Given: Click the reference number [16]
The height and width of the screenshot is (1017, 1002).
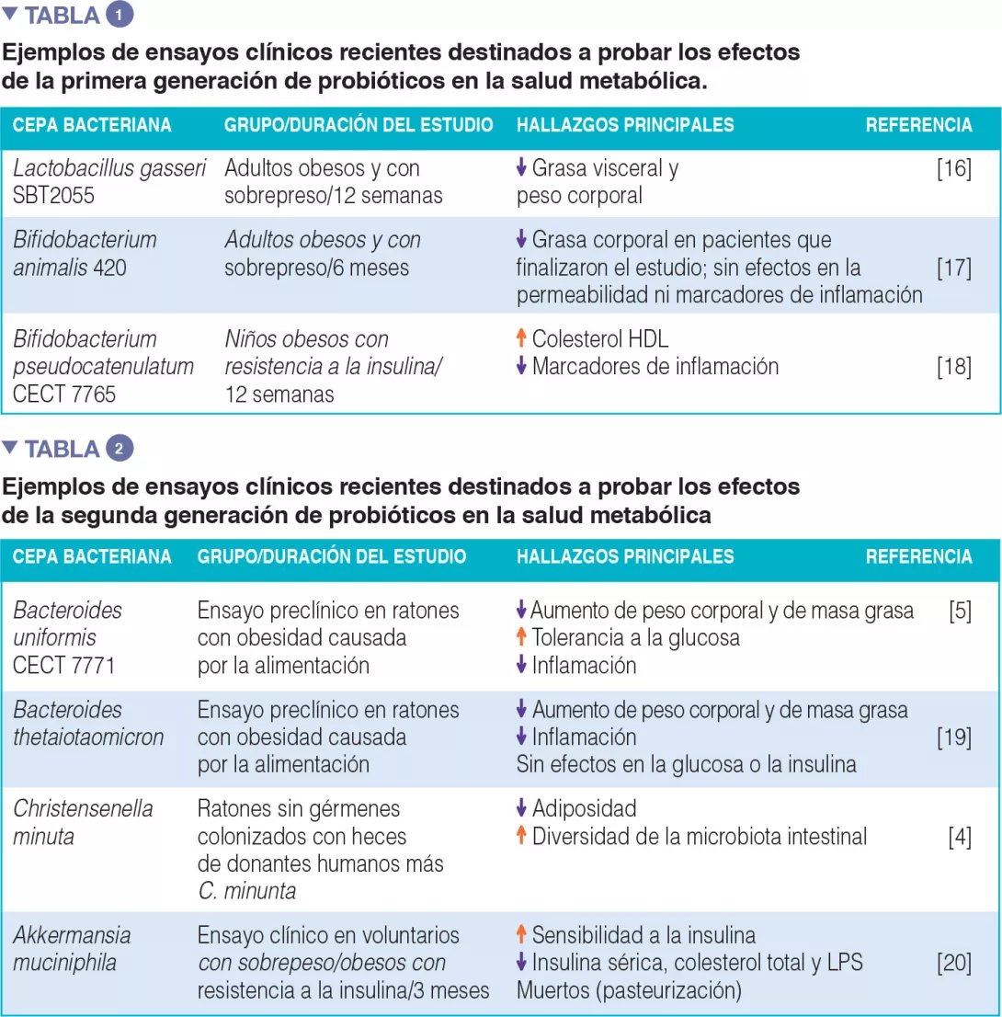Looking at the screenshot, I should point(954,169).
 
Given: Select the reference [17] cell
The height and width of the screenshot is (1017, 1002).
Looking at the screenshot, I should point(954,268).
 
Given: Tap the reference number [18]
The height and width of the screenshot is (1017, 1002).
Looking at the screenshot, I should point(954,367).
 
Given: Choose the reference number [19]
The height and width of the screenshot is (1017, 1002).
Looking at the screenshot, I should point(954,737).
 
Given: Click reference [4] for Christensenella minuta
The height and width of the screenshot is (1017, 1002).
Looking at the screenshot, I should point(960,837).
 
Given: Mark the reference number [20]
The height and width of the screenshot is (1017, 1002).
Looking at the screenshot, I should point(954,963).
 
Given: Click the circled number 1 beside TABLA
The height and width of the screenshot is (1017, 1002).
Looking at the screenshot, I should point(120,16).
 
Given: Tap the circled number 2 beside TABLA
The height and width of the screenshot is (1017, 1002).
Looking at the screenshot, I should point(120,449).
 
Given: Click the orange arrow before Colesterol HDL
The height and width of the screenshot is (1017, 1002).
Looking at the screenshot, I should point(521,339).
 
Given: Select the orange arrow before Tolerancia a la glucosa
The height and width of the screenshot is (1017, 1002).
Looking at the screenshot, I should point(521,637).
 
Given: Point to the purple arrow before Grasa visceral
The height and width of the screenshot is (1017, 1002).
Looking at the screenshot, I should point(521,168).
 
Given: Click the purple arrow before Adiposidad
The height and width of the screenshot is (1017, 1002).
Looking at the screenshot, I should point(521,809).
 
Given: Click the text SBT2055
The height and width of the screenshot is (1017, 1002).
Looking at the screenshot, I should point(54,196).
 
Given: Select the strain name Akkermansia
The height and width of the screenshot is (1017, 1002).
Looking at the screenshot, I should point(72,936).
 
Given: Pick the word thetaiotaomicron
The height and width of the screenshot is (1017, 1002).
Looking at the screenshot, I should point(88,737).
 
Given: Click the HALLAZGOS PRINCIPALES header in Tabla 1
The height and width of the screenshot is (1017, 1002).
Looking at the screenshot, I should point(625,125).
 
